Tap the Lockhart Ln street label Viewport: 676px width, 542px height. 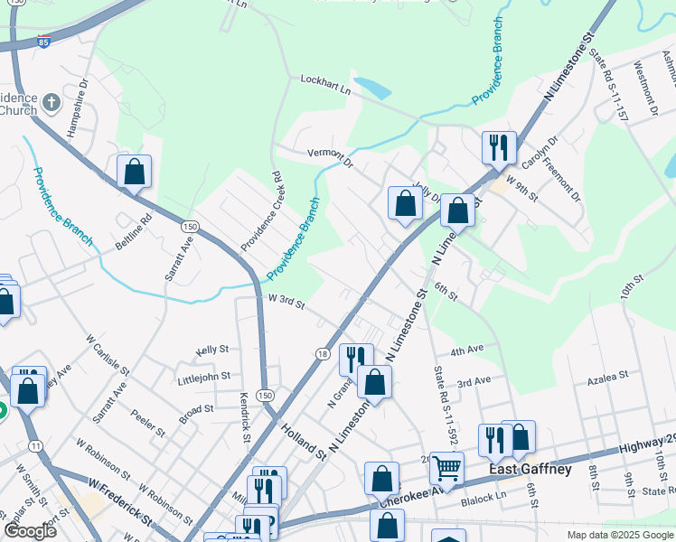(325, 84)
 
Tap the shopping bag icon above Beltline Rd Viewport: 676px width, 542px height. (134, 171)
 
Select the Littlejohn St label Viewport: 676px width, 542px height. (203, 376)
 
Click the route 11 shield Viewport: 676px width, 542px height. (35, 446)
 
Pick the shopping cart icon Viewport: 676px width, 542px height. (447, 468)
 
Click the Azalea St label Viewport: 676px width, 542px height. (608, 377)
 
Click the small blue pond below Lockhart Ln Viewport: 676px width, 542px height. (373, 89)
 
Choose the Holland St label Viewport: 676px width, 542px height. (302, 439)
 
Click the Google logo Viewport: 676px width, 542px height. (29, 531)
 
